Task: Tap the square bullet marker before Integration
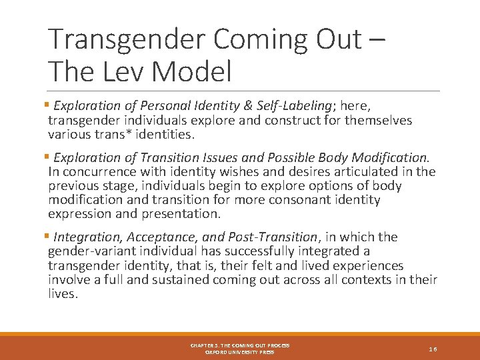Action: coord(51,237)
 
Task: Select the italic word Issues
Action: coord(239,158)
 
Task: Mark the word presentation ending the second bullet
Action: coord(182,214)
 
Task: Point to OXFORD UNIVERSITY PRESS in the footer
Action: coord(240,352)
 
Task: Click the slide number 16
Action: coord(433,349)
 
